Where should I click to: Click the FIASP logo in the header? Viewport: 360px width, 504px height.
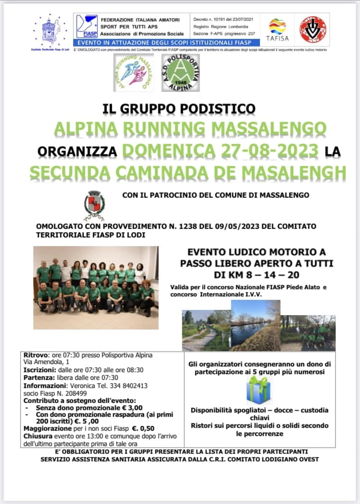coord(86,26)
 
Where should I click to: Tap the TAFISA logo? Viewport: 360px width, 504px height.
coord(277,29)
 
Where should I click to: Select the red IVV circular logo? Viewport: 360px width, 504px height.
coord(312,29)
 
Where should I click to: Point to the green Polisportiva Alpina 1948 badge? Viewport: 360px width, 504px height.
coord(180,72)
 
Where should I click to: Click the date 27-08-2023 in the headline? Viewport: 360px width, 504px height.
coord(222,150)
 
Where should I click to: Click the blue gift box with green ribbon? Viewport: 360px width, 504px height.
coord(259,390)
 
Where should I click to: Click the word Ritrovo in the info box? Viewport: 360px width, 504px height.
coord(35,355)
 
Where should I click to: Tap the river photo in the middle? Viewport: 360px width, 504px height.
coord(255,325)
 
